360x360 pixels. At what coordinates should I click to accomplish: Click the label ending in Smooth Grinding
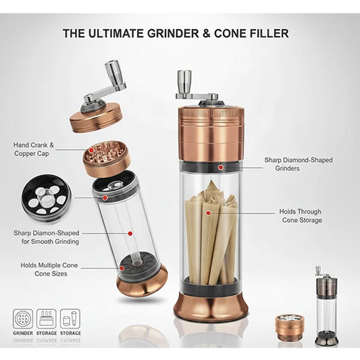point(46,237)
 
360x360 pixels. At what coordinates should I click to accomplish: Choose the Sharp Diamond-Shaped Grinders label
point(298,165)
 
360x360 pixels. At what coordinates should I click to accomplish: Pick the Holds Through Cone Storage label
point(301,215)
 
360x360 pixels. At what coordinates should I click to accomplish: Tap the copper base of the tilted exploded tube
point(143,280)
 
